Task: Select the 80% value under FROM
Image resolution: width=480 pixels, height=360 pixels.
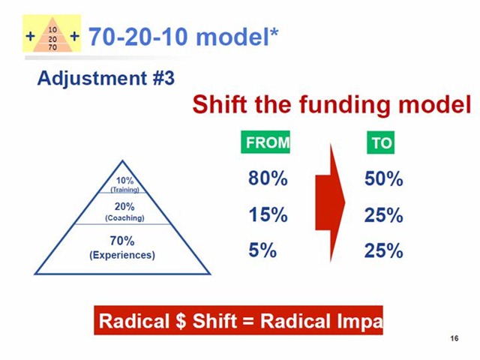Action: (x=268, y=180)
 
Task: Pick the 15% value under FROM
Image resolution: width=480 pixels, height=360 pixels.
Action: (x=268, y=215)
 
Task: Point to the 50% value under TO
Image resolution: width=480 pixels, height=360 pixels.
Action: (x=384, y=180)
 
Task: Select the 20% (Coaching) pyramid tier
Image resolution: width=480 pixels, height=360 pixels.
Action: (x=124, y=211)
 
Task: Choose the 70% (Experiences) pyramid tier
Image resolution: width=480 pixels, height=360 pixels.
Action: (x=122, y=247)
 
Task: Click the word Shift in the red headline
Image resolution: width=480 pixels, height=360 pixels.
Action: (x=222, y=106)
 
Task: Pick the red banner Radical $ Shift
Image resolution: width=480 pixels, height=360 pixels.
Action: (x=238, y=321)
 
